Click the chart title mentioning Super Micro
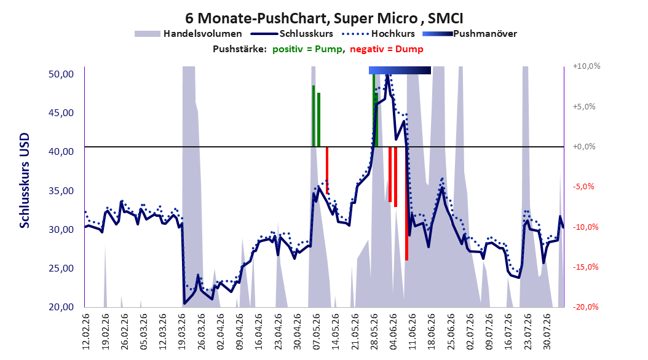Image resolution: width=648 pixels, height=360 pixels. click(324, 18)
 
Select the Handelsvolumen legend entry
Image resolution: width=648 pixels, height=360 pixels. click(188, 34)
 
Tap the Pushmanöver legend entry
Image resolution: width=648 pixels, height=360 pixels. click(470, 34)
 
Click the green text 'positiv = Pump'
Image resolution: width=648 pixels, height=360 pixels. click(307, 49)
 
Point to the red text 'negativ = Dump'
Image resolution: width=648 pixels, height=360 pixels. click(387, 49)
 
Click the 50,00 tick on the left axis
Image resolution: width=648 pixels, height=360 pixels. click(61, 74)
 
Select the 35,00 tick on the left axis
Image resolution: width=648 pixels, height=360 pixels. click(61, 190)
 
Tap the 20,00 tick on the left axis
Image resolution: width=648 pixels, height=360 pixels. click(61, 307)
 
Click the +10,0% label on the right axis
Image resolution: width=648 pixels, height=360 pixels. click(587, 66)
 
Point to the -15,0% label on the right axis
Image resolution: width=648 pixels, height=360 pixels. click(585, 267)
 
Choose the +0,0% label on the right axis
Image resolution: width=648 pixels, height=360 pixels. click(584, 147)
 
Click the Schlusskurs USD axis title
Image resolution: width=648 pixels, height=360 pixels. click(25, 181)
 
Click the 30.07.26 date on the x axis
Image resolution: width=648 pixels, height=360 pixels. click(547, 332)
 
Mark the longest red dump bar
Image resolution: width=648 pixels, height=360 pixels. click(406, 203)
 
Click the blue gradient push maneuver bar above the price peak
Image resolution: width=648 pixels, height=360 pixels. click(400, 70)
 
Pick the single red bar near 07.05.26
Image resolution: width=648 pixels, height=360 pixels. click(327, 170)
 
